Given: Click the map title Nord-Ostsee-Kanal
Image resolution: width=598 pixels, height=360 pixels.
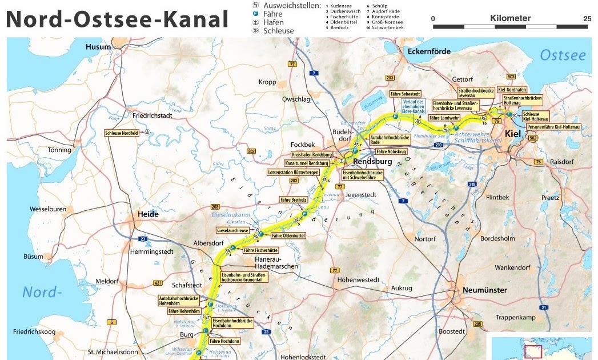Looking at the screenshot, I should (117, 19).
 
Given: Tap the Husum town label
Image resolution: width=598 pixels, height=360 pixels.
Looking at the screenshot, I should (98, 47).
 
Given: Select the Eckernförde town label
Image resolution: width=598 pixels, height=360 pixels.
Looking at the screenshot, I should (429, 51).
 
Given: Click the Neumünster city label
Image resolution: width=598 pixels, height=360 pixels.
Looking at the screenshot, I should (485, 290).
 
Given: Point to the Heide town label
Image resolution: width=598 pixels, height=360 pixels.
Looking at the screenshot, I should (148, 214).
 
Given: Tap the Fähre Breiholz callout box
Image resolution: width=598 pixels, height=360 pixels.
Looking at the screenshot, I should (294, 200).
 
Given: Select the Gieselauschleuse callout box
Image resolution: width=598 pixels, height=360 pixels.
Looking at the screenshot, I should (232, 230).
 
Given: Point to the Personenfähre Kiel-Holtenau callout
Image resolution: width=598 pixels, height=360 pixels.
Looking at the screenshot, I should (553, 126).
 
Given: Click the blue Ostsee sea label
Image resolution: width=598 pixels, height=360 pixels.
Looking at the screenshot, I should (563, 55).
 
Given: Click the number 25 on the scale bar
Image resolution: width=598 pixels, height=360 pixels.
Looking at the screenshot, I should (587, 19).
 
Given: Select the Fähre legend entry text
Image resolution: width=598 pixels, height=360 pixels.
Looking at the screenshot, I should (273, 14).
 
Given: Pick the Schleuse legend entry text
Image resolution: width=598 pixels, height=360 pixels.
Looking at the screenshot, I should (278, 31).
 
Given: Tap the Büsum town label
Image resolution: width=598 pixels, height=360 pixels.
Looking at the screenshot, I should (33, 257).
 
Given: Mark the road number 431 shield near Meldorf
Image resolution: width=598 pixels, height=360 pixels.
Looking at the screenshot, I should (158, 283).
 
